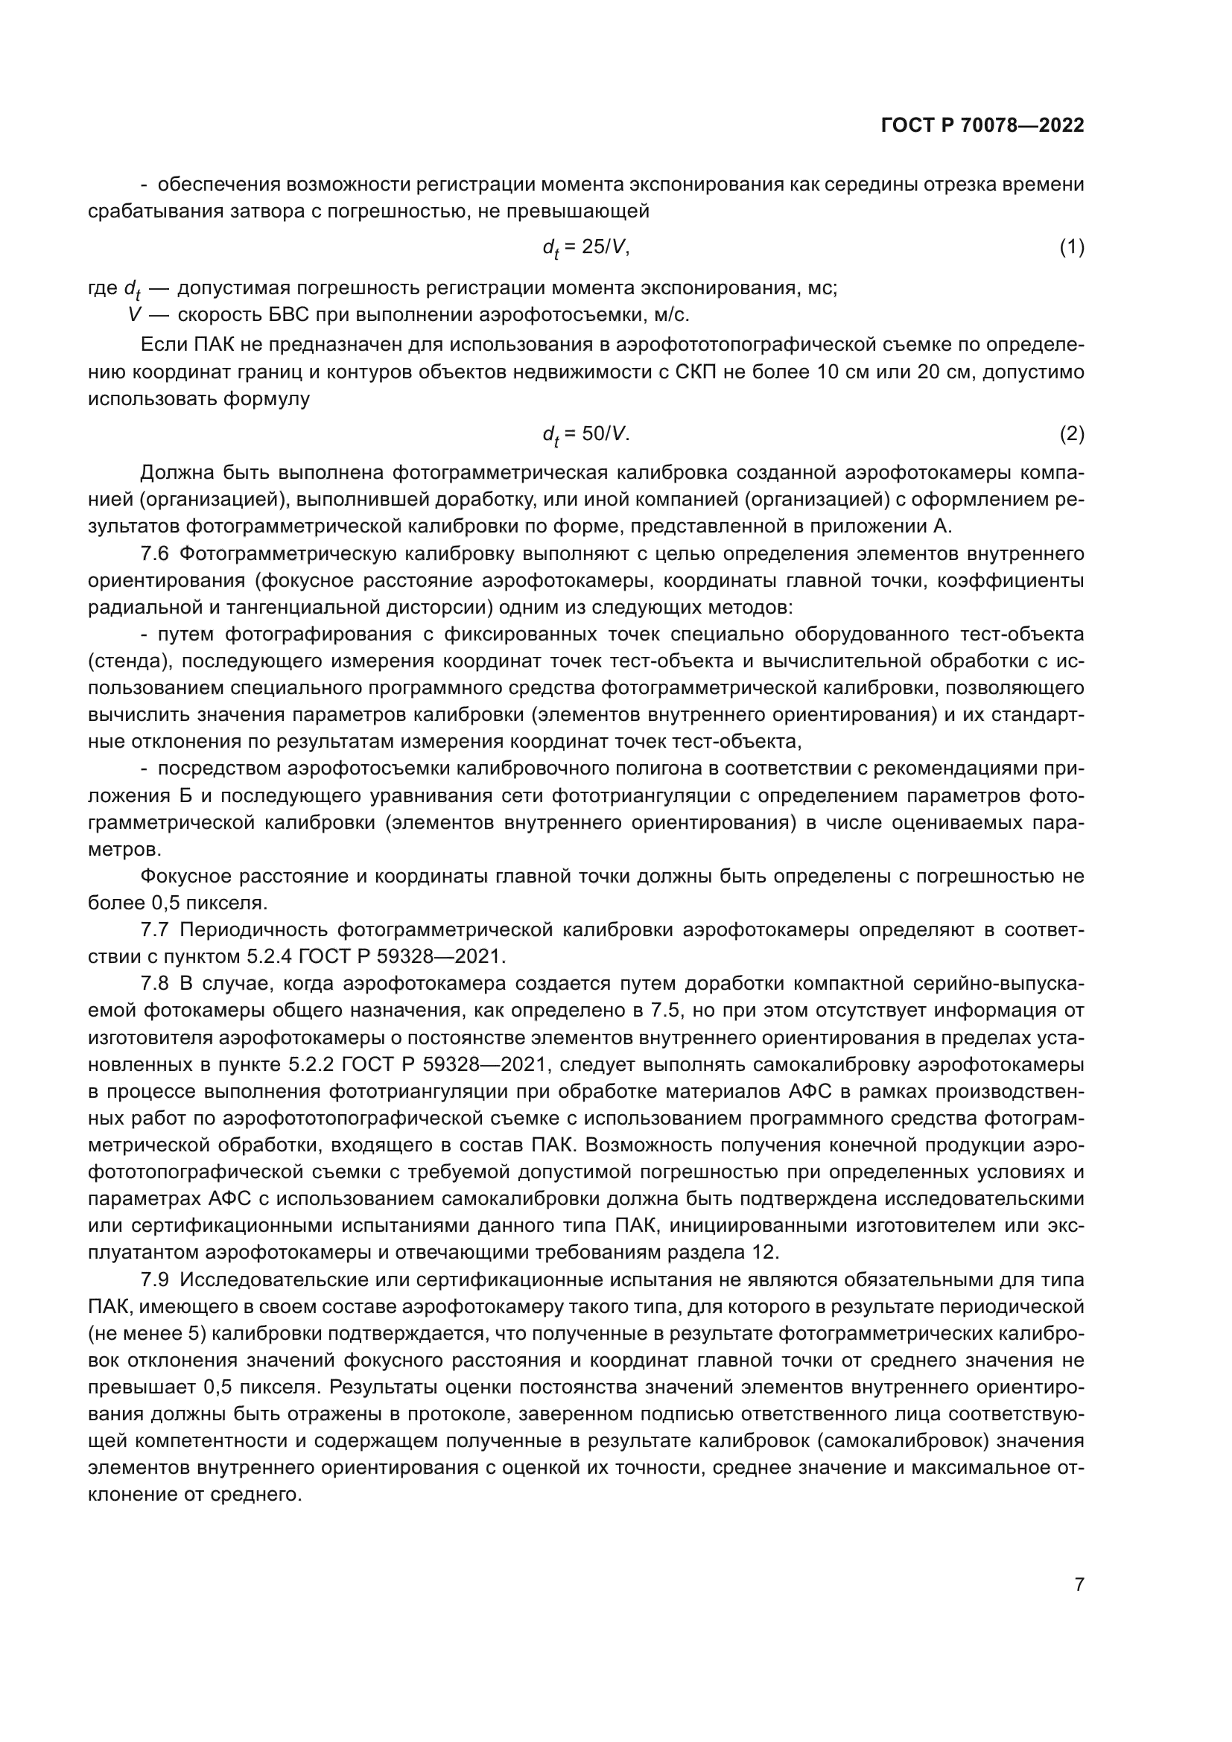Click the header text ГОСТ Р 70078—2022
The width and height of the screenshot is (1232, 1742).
[x=982, y=125]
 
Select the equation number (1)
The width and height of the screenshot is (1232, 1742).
[x=1071, y=247]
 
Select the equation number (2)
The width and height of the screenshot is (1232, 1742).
[x=1071, y=434]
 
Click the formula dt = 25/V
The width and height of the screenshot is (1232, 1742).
[x=585, y=247]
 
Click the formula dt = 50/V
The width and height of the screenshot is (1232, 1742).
[x=585, y=434]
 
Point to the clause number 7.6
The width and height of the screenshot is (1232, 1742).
[x=154, y=554]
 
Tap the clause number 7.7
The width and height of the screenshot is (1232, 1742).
[x=154, y=930]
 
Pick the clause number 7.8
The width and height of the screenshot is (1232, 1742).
[x=154, y=984]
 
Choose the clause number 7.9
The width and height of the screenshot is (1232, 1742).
[x=154, y=1280]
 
